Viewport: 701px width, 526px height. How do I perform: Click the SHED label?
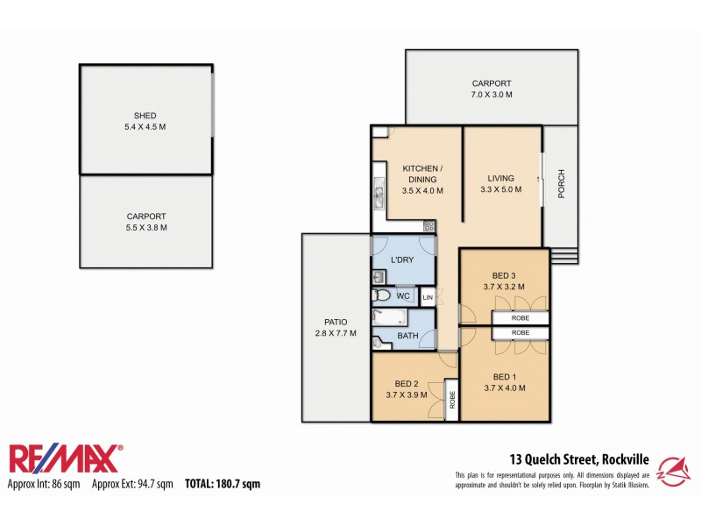pos(145,115)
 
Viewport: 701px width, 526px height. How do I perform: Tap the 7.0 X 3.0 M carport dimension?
pos(492,95)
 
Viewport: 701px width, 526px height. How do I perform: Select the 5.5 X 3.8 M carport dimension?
pos(145,227)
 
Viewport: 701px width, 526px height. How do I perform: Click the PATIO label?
pos(336,322)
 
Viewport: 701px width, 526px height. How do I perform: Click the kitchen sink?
pos(379,194)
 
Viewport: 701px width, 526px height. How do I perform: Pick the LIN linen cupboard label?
pos(428,298)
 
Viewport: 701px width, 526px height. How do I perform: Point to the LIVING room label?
pos(500,176)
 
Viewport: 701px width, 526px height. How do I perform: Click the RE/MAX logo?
pos(67,458)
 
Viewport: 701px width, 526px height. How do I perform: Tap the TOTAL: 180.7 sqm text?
pos(222,484)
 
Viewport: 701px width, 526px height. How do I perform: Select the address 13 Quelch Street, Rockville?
pos(579,458)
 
